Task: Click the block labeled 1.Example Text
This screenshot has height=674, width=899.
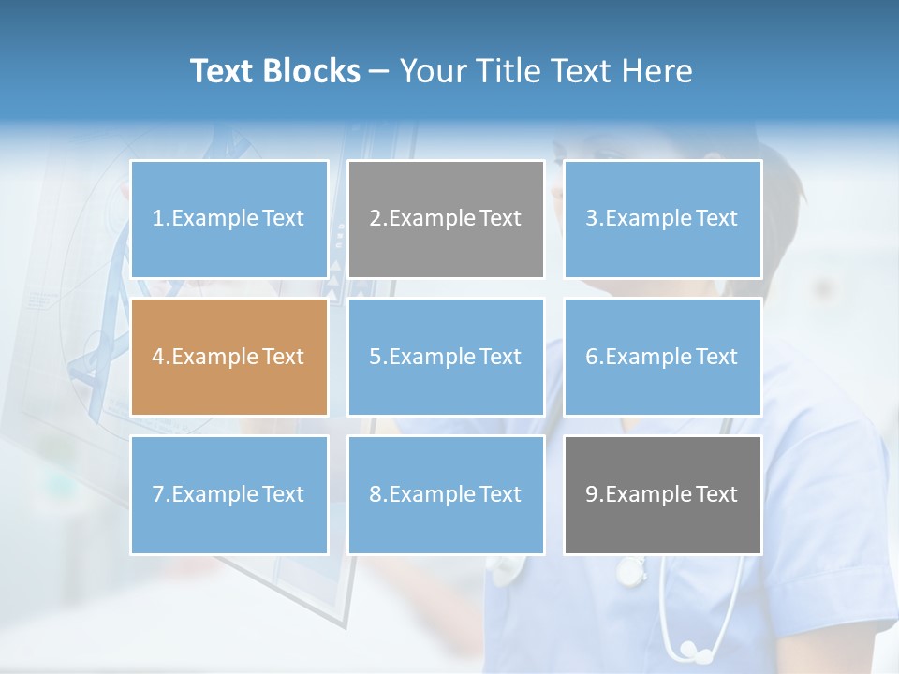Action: pyautogui.click(x=228, y=219)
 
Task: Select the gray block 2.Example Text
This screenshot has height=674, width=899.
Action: pyautogui.click(x=446, y=219)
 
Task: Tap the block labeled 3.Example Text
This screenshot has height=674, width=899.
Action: pyautogui.click(x=662, y=219)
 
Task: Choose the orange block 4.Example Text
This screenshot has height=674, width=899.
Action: pyautogui.click(x=228, y=357)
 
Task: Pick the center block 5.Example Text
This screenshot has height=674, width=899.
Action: pyautogui.click(x=446, y=357)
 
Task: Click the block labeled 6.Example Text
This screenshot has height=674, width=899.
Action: pyautogui.click(x=662, y=357)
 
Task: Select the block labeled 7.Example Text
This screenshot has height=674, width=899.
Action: pyautogui.click(x=228, y=494)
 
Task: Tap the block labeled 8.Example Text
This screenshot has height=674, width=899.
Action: pyautogui.click(x=446, y=494)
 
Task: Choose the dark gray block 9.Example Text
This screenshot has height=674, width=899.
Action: pyautogui.click(x=662, y=494)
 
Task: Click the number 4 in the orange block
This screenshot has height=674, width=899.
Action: pyautogui.click(x=158, y=357)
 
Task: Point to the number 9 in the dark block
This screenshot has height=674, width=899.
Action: pyautogui.click(x=592, y=494)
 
